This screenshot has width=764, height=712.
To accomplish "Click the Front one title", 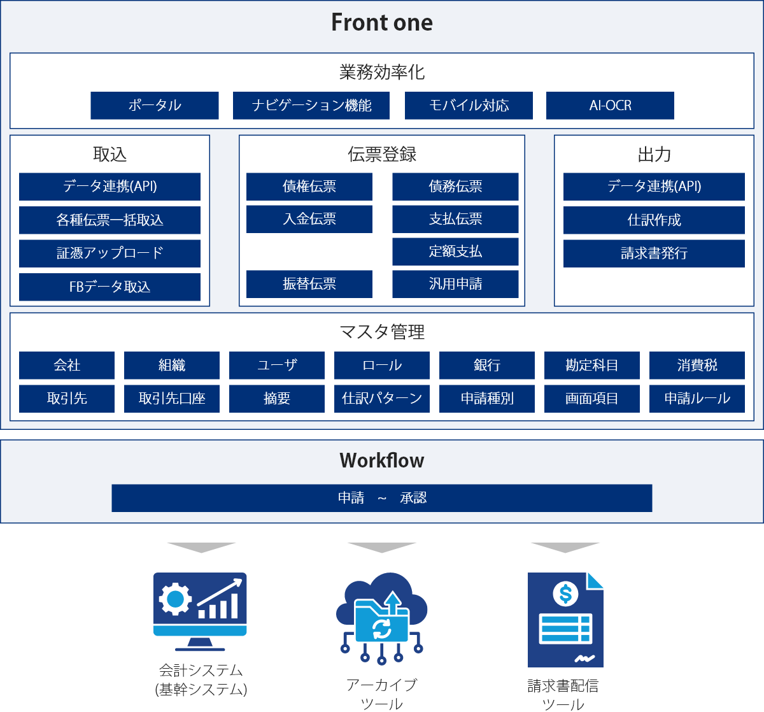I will (x=382, y=23).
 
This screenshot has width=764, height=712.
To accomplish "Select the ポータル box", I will (x=155, y=106).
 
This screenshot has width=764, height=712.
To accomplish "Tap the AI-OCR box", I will (x=610, y=106).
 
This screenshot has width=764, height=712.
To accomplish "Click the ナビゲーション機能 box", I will (x=311, y=106).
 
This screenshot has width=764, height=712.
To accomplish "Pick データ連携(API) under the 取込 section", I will (x=110, y=187).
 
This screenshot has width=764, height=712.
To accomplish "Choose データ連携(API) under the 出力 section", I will (x=654, y=187).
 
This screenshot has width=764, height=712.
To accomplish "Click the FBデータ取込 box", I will (x=110, y=287).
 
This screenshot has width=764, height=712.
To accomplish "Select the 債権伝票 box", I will (x=309, y=187).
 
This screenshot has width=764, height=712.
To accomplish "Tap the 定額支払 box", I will (x=455, y=252).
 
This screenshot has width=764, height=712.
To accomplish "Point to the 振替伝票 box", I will (x=309, y=284).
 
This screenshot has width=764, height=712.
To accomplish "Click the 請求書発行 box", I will (x=654, y=253).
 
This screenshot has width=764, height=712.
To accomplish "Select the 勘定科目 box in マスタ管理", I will (x=592, y=366).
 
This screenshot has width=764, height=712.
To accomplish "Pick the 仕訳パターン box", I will (x=382, y=399).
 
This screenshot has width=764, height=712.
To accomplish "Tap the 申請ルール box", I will (x=697, y=399).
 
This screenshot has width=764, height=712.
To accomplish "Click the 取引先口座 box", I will (x=172, y=399).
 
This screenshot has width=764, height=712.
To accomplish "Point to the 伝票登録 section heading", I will (x=382, y=154).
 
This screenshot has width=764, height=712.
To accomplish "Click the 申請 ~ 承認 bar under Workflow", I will (x=382, y=498).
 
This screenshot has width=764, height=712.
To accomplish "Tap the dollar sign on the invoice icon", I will (x=565, y=594).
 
